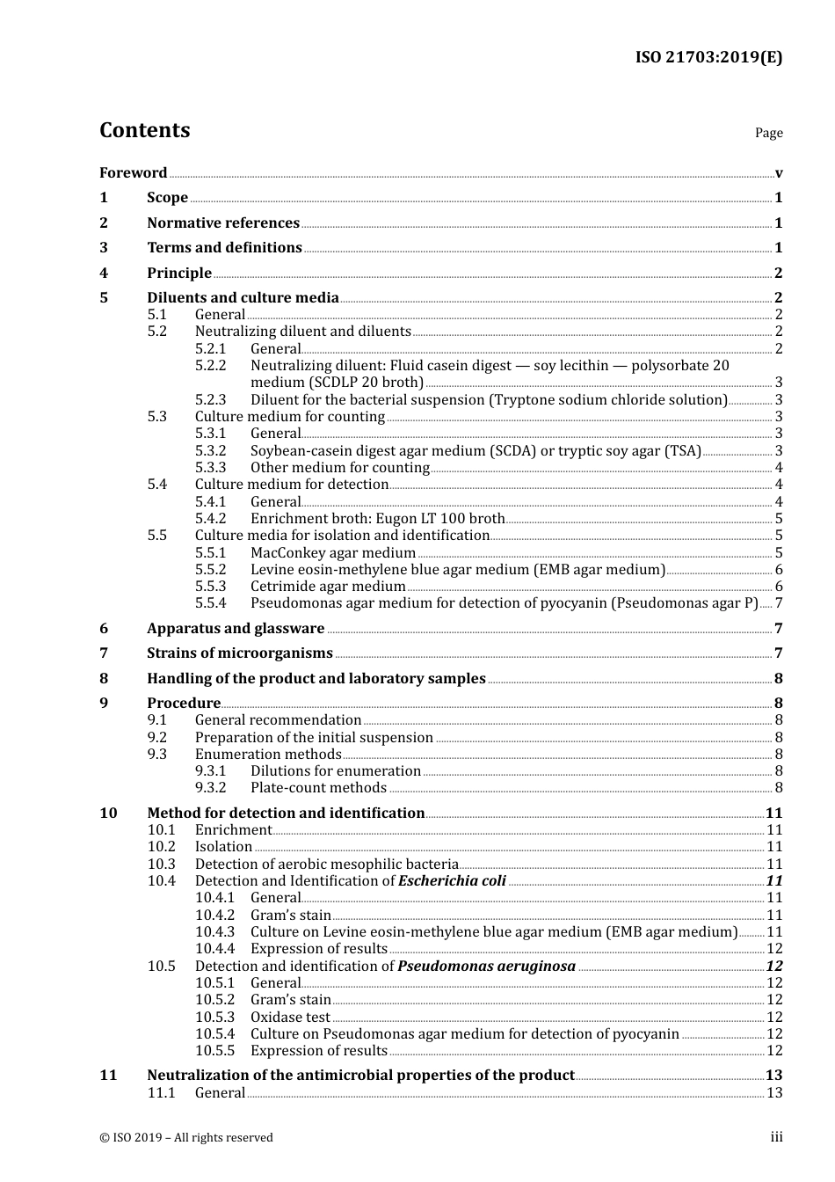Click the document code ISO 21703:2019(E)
(x=708, y=57)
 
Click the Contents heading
(x=144, y=130)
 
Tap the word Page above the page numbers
(x=768, y=133)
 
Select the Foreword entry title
(x=133, y=172)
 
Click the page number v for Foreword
(x=779, y=173)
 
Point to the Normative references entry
(x=223, y=223)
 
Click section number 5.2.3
(x=210, y=399)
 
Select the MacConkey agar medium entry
(x=332, y=552)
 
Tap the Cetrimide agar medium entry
(x=328, y=586)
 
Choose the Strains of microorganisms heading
(x=239, y=653)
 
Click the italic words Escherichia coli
(x=452, y=880)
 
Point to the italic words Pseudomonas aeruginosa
(x=486, y=966)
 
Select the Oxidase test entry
(x=290, y=1017)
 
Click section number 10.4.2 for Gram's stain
(x=214, y=915)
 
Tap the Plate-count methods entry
(x=318, y=787)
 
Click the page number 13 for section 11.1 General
(x=774, y=1092)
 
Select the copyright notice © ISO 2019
(x=186, y=1137)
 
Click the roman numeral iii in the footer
(x=776, y=1137)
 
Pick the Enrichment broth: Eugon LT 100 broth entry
(x=377, y=518)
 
